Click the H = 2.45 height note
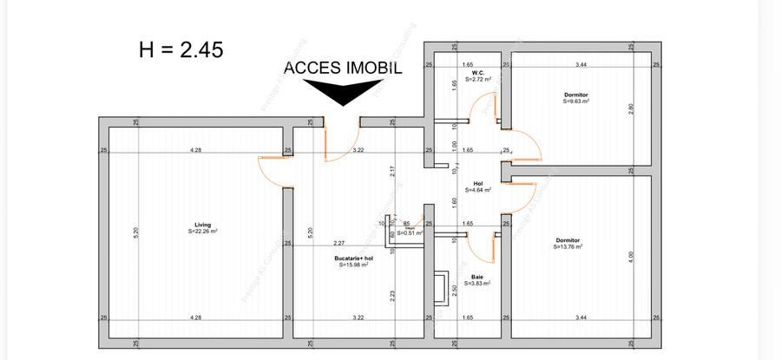180,49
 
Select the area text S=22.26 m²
202,232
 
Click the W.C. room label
477,72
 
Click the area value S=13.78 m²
568,247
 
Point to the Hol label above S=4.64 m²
477,182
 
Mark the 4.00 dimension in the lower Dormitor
631,256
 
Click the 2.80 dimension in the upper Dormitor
631,108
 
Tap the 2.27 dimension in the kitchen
338,243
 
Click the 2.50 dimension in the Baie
455,290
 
